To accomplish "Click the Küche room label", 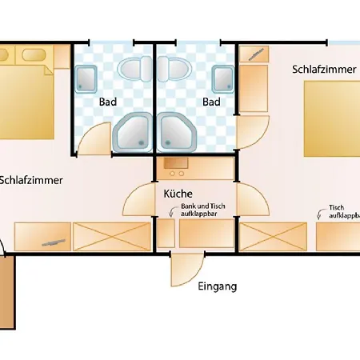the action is coord(178,194).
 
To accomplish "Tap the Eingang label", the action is coord(218,286).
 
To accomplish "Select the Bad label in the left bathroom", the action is coord(108,102).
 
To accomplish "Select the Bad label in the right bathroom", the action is coord(211,102).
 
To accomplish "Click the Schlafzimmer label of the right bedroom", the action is coord(324,70).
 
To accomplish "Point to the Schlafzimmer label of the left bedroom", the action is coord(31,180).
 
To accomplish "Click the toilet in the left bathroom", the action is coord(134,69).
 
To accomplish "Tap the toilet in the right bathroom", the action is coord(174,69).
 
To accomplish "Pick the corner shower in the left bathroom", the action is coord(133,132).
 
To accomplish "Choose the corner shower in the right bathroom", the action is coord(177,132).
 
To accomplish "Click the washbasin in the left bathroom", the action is coord(86,79).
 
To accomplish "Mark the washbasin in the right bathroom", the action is coord(223,79).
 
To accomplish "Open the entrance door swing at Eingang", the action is coord(187,270).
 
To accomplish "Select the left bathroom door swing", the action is coord(94,138).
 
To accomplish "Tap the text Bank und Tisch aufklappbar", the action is coord(203,210).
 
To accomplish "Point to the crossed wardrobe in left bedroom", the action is coord(112,237).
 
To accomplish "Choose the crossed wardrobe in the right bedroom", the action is coord(274,237).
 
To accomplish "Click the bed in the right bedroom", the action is coord(332,118).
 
